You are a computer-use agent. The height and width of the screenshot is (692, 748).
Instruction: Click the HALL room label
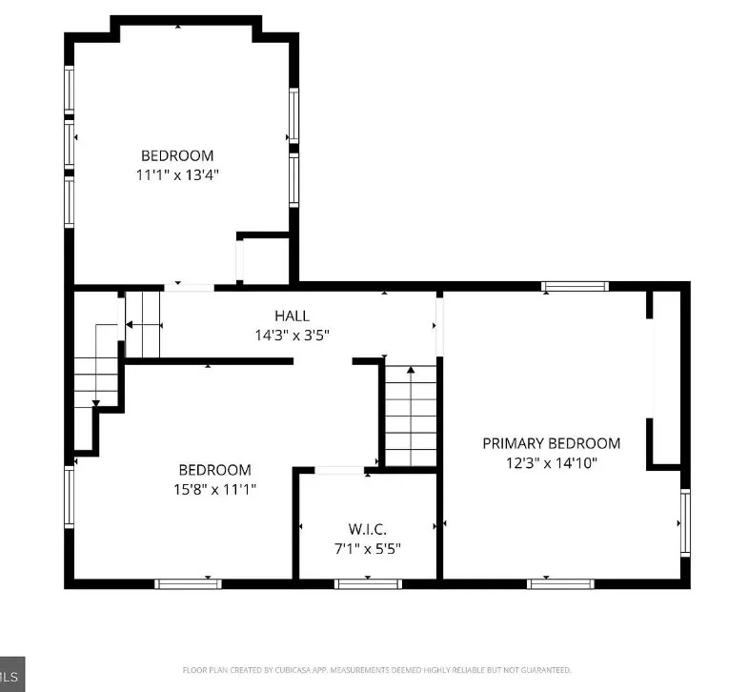[292, 315]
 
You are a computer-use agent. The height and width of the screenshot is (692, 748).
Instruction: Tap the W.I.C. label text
[367, 529]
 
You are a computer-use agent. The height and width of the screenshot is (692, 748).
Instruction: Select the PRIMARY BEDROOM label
[552, 443]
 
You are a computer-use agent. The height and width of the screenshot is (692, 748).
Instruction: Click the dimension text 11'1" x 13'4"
[177, 175]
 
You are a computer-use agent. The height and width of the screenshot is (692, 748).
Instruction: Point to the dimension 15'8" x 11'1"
[215, 490]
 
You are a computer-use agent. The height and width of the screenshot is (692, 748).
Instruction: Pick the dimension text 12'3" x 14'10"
[552, 463]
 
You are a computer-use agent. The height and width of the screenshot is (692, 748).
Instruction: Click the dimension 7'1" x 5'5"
[367, 549]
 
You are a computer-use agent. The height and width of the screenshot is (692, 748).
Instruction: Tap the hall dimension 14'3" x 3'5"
[292, 336]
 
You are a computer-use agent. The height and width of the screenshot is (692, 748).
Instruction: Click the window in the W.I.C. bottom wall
[368, 584]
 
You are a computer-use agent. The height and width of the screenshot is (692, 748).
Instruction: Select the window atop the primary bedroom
[575, 286]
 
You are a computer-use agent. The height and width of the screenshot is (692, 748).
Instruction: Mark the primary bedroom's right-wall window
[685, 523]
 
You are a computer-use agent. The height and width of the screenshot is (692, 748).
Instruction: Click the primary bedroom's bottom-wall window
[560, 584]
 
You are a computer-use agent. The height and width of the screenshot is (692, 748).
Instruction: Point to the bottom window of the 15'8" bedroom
[188, 584]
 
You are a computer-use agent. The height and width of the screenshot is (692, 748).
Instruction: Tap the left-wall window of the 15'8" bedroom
[70, 497]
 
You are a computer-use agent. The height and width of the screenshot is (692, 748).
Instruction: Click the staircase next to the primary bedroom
[411, 416]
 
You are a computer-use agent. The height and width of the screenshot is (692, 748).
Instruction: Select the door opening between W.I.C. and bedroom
[339, 471]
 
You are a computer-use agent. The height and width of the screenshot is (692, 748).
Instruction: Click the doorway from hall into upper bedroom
[190, 288]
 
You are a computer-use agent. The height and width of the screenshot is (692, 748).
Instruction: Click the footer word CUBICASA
[293, 670]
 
